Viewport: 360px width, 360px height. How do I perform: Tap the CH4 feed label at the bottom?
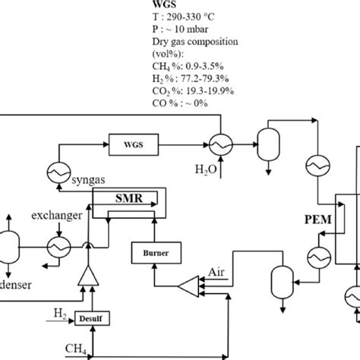(74, 349)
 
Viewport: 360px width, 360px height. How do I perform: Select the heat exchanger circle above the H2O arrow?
(217, 144)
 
